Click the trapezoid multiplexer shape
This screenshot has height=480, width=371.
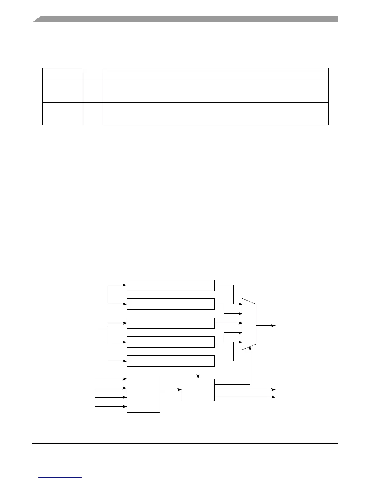tap(249, 324)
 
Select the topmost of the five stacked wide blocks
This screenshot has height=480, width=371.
tap(171, 285)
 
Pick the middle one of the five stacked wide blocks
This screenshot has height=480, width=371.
tap(171, 323)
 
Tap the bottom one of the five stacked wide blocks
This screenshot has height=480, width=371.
tap(171, 361)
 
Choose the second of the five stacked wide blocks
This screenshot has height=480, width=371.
tap(171, 304)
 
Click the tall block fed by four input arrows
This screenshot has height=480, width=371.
tap(143, 393)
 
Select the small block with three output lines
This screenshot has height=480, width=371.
tap(198, 390)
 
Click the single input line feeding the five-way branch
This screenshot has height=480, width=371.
tap(99, 327)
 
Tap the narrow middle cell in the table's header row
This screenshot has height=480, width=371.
tap(92, 74)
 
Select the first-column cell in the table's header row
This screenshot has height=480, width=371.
tap(63, 74)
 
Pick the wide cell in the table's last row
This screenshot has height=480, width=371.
tap(215, 114)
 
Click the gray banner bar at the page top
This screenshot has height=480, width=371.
tap(185, 19)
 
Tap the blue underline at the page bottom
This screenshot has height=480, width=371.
tap(60, 477)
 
